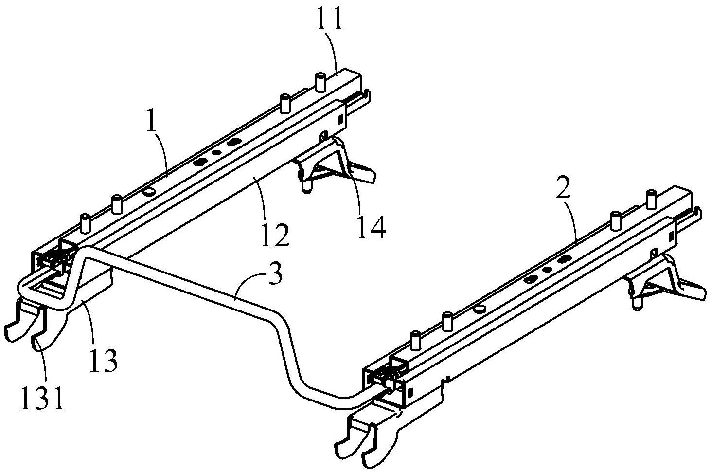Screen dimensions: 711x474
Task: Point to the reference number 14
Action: (371, 227)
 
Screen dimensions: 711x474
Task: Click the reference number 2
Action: (563, 187)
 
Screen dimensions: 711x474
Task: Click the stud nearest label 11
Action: (321, 83)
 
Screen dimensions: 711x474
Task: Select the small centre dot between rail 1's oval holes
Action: (217, 152)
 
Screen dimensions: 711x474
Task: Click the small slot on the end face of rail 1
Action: (341, 119)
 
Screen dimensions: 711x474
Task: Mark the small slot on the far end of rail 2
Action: (671, 236)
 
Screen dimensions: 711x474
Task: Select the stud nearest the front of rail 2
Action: (416, 340)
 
